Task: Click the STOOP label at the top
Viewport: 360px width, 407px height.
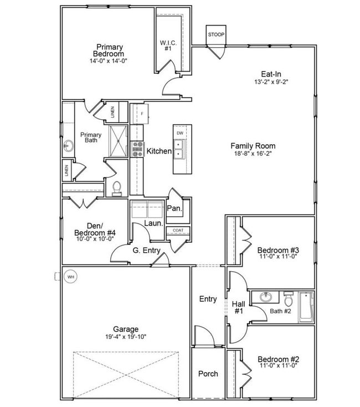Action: [216, 34]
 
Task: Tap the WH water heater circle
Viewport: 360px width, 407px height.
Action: [70, 276]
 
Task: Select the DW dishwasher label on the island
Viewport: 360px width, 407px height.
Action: [180, 134]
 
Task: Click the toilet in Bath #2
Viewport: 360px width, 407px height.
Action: [288, 300]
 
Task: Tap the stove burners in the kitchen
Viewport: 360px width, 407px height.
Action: [137, 148]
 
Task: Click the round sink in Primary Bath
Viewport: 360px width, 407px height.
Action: [69, 146]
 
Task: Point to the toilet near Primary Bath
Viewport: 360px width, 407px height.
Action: [116, 189]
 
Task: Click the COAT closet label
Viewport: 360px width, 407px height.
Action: [178, 230]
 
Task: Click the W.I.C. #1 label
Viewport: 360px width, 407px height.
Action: [168, 45]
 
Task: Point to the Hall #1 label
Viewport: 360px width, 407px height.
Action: [238, 307]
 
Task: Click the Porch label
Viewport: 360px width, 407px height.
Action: [208, 374]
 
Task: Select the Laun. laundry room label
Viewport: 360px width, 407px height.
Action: [153, 223]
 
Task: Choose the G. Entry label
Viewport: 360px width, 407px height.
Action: [146, 251]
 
